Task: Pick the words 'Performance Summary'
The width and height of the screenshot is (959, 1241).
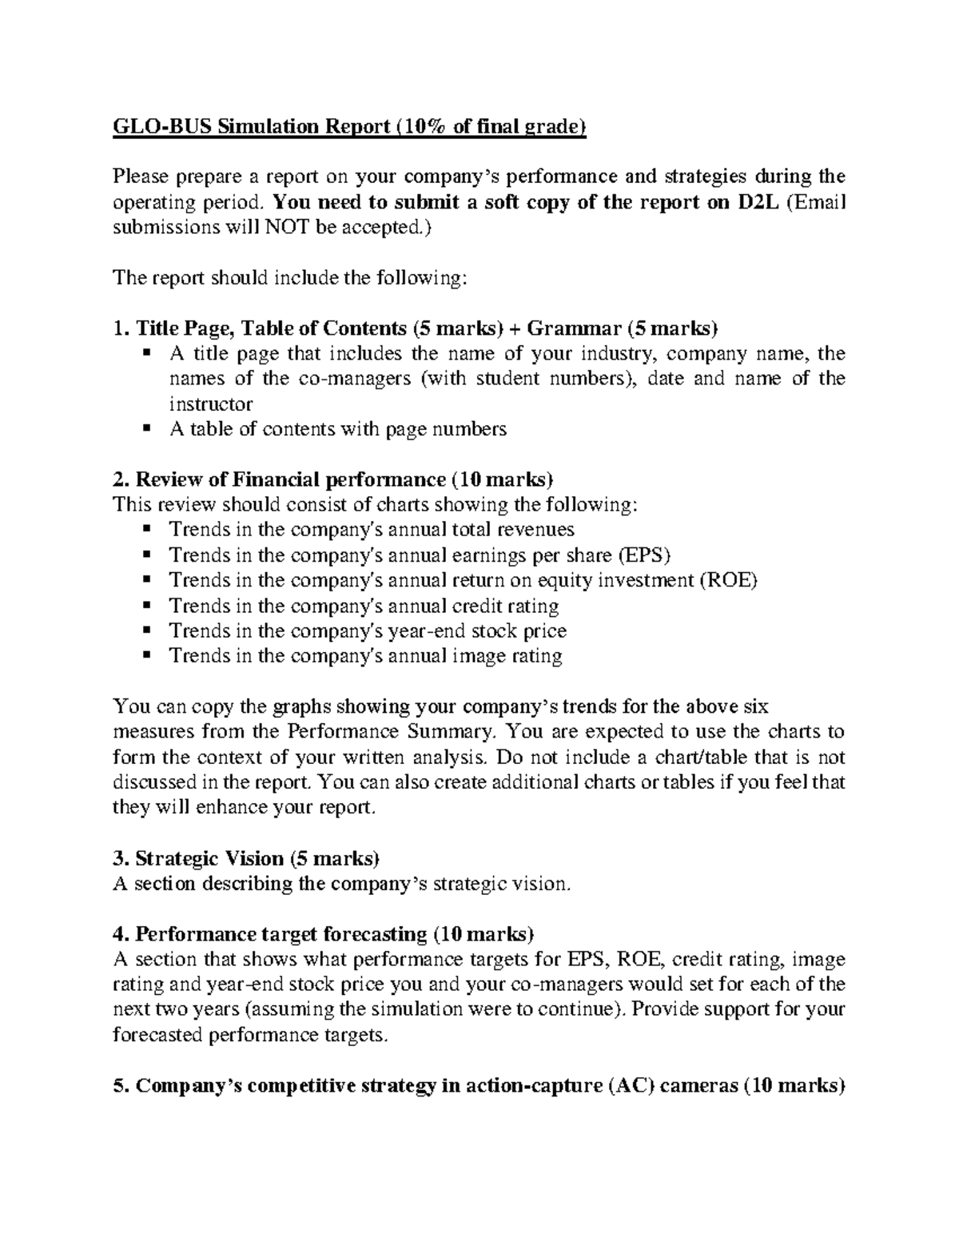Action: (x=392, y=732)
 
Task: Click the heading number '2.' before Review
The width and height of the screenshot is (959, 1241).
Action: (x=121, y=479)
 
